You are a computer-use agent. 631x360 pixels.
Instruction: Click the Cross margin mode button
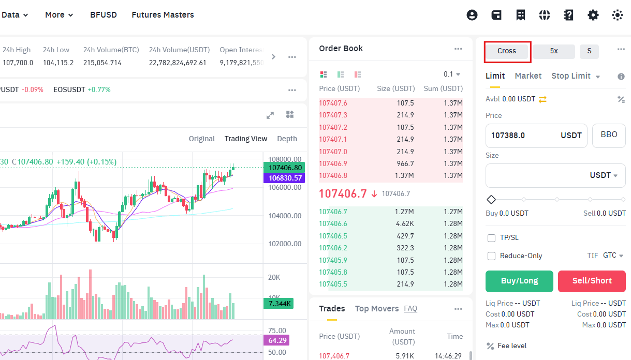click(x=506, y=51)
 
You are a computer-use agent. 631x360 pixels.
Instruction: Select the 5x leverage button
click(x=553, y=51)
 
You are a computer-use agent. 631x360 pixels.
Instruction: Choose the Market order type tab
click(x=528, y=76)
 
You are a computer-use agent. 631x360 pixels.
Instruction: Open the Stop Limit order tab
click(x=571, y=76)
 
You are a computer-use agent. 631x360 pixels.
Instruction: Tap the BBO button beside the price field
click(x=609, y=136)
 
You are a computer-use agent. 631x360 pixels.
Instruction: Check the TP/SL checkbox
click(x=491, y=238)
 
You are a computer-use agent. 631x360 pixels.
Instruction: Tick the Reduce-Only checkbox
click(x=491, y=256)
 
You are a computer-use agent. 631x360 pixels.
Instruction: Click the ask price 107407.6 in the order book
click(x=333, y=103)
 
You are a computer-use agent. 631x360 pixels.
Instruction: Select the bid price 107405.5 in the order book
click(x=333, y=284)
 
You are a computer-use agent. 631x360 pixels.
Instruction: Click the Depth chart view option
click(x=287, y=139)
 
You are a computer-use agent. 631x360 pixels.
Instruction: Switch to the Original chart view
click(x=202, y=139)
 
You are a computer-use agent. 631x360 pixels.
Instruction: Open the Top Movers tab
click(x=377, y=308)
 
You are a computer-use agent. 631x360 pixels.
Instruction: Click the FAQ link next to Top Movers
click(x=410, y=308)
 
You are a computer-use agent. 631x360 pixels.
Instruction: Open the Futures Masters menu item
click(x=163, y=14)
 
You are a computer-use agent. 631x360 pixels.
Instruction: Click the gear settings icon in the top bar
click(x=593, y=15)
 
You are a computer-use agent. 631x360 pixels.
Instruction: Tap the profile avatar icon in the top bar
click(x=472, y=15)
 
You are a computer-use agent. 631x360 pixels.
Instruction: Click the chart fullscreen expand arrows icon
click(x=270, y=115)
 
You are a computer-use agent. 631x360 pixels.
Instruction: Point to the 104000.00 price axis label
click(x=285, y=216)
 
